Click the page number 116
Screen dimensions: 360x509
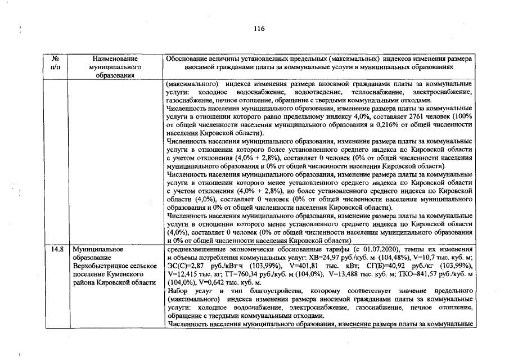259,29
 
